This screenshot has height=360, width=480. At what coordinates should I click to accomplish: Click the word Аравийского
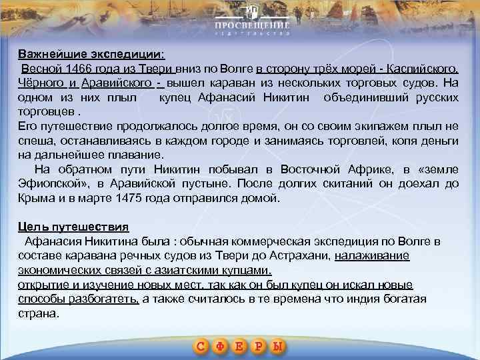(117, 83)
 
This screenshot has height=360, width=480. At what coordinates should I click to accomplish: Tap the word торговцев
(45, 112)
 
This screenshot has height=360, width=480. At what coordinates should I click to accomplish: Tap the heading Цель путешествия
(73, 226)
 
